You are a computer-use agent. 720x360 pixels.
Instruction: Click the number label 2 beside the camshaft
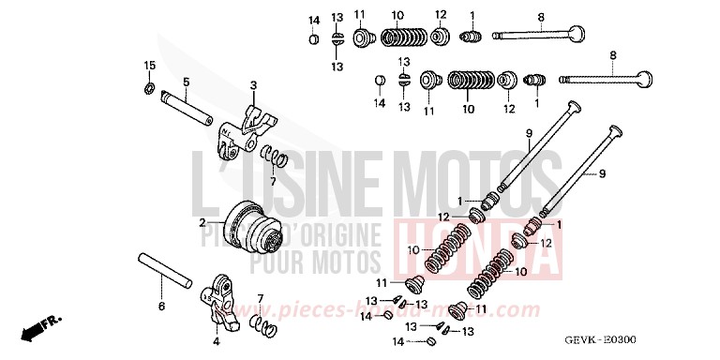pos(202,223)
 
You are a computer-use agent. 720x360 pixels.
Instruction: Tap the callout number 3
pos(252,85)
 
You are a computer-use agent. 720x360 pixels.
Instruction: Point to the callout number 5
pos(186,82)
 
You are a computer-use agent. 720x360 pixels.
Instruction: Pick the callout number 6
pos(160,306)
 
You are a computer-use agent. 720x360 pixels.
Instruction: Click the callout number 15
pos(147,64)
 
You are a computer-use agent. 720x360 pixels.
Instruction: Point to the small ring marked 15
pos(148,88)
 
